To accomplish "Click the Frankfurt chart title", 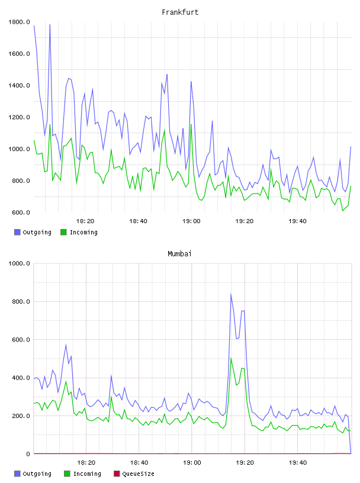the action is (x=180, y=12).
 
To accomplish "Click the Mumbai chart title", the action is (x=179, y=254).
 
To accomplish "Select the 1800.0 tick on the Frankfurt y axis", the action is (x=19, y=22).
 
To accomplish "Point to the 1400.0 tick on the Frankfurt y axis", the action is (x=19, y=85).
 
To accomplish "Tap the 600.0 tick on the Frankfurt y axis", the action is (x=21, y=212).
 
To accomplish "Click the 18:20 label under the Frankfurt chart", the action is (x=85, y=221).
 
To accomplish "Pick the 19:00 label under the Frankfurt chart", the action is (x=191, y=221).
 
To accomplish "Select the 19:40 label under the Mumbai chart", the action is (x=298, y=463).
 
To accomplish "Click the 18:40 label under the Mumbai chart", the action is (x=139, y=463).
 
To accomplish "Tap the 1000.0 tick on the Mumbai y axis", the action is (x=19, y=263).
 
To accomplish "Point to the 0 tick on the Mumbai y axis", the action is (x=28, y=454).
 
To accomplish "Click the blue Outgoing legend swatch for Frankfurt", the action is (x=17, y=232).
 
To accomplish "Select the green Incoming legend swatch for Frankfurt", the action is (x=63, y=232).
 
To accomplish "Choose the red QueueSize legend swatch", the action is (x=117, y=474).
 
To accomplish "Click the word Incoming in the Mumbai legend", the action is (x=87, y=474).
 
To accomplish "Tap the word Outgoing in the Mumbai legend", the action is (x=37, y=474).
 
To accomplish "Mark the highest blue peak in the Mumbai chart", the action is (x=231, y=294).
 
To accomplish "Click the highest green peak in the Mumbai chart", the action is (x=231, y=358).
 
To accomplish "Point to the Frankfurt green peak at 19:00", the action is (x=191, y=124).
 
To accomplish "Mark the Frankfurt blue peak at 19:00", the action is (x=191, y=82).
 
